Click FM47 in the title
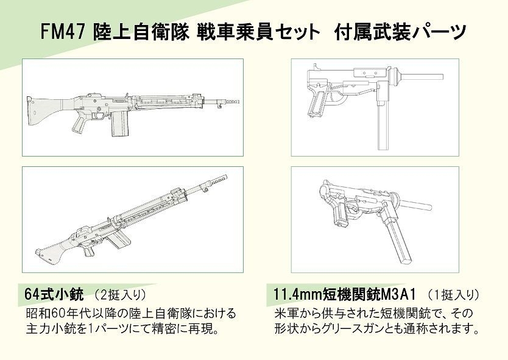(63, 32)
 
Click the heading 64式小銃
(54, 294)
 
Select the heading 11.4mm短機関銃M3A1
(345, 295)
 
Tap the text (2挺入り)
(120, 295)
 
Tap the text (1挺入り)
(453, 295)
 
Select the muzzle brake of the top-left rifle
(231, 102)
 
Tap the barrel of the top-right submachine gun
(421, 77)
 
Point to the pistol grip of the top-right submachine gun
(317, 104)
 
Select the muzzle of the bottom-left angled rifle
(218, 180)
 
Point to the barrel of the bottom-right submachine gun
(415, 204)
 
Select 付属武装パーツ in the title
(401, 32)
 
